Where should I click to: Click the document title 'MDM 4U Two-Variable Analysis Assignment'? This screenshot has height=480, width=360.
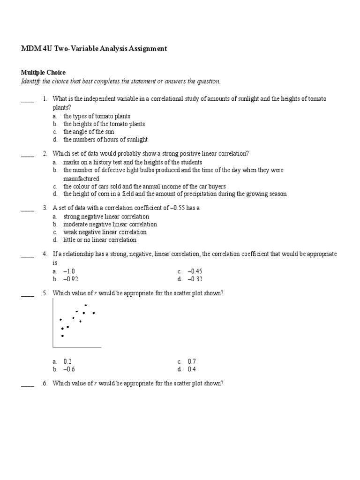coord(94,48)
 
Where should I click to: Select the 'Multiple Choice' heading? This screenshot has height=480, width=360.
coord(43,73)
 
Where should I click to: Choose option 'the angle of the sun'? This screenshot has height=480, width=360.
coord(89,132)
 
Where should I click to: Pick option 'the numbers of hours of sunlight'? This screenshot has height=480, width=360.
coord(105,140)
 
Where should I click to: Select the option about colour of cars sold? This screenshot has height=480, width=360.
coord(144,186)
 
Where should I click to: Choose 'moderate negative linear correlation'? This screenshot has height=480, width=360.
coord(110,224)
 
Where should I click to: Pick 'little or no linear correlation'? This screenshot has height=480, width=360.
coord(100,240)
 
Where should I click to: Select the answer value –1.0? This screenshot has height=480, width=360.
coord(69,271)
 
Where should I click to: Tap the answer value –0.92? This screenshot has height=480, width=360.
coord(70,279)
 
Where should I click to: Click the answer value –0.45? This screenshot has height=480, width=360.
coord(195,271)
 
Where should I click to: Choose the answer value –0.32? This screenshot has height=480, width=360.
coord(195,279)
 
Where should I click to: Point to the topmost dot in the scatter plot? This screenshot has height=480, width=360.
coord(86,305)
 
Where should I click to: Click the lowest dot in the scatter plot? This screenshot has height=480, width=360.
coord(62,336)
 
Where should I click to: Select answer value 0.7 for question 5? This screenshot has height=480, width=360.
coord(192,361)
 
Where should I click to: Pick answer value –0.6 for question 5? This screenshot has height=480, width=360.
coord(69,369)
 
